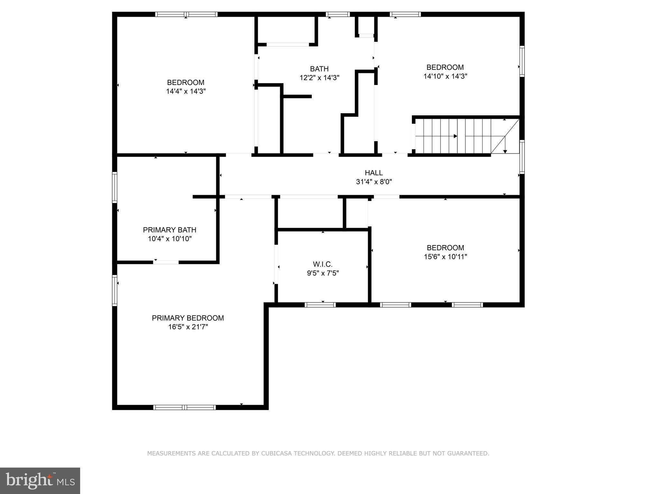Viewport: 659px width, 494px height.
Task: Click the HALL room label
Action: click(374, 173)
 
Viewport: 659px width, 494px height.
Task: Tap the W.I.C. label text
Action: click(322, 264)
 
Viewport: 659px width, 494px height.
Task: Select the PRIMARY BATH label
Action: click(170, 230)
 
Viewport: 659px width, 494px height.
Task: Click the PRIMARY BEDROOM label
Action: click(188, 318)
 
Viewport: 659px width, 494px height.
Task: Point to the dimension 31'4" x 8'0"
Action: click(374, 182)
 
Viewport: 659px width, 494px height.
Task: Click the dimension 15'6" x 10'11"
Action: click(445, 257)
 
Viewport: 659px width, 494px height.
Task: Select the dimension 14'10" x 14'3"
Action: click(445, 76)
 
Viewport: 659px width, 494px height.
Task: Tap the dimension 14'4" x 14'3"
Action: click(186, 91)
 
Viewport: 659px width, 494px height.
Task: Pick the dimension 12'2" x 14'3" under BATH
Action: click(319, 78)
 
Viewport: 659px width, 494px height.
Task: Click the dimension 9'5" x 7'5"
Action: click(323, 273)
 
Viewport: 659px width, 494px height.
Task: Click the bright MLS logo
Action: click(40, 480)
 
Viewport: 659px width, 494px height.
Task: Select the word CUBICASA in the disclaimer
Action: click(276, 453)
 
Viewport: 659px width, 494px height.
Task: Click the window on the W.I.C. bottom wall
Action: click(320, 305)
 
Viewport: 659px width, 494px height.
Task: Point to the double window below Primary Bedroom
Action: click(184, 407)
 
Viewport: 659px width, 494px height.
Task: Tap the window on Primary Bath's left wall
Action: click(114, 187)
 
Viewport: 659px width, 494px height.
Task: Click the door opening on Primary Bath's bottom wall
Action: click(166, 262)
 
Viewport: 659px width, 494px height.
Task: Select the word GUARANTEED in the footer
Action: click(469, 453)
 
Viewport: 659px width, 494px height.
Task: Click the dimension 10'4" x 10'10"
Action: click(170, 239)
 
